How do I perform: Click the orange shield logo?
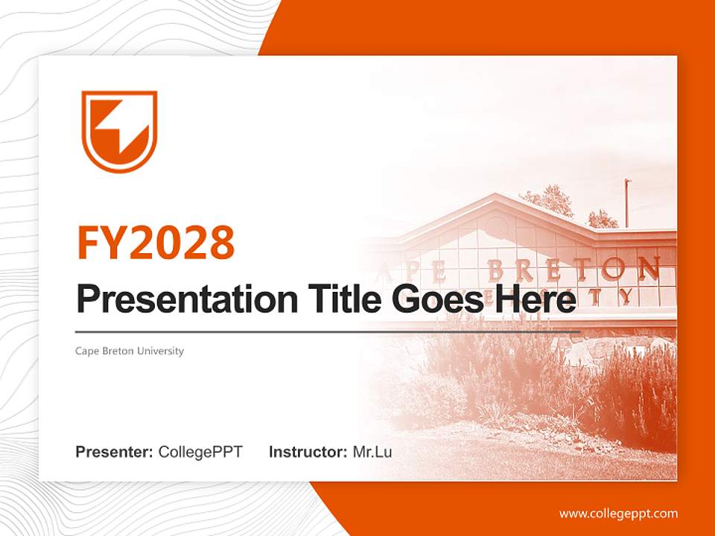click(119, 131)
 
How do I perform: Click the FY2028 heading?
click(156, 243)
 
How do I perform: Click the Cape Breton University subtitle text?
click(129, 351)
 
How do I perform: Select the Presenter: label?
click(115, 452)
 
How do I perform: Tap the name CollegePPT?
click(200, 452)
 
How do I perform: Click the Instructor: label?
click(308, 452)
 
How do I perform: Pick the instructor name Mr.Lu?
click(372, 452)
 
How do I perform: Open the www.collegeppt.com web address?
click(618, 514)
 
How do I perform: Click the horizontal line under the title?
click(328, 331)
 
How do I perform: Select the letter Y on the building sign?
click(627, 296)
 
